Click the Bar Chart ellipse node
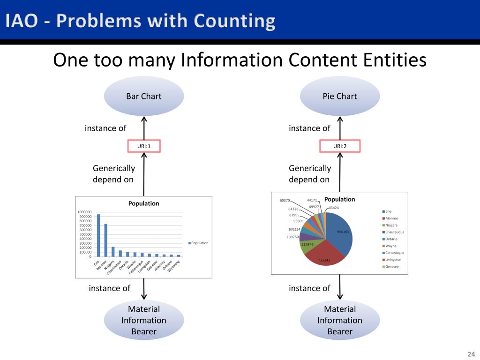point(143,96)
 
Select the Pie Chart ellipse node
point(339,96)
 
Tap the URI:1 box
point(143,146)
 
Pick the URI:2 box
point(340,146)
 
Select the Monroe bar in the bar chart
point(105,240)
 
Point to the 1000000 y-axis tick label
point(85,212)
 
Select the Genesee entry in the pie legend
point(393,267)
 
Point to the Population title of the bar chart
point(144,203)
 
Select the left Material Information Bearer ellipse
point(143,320)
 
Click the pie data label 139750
point(292,237)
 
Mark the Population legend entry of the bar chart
point(198,243)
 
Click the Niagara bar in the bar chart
point(113,251)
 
